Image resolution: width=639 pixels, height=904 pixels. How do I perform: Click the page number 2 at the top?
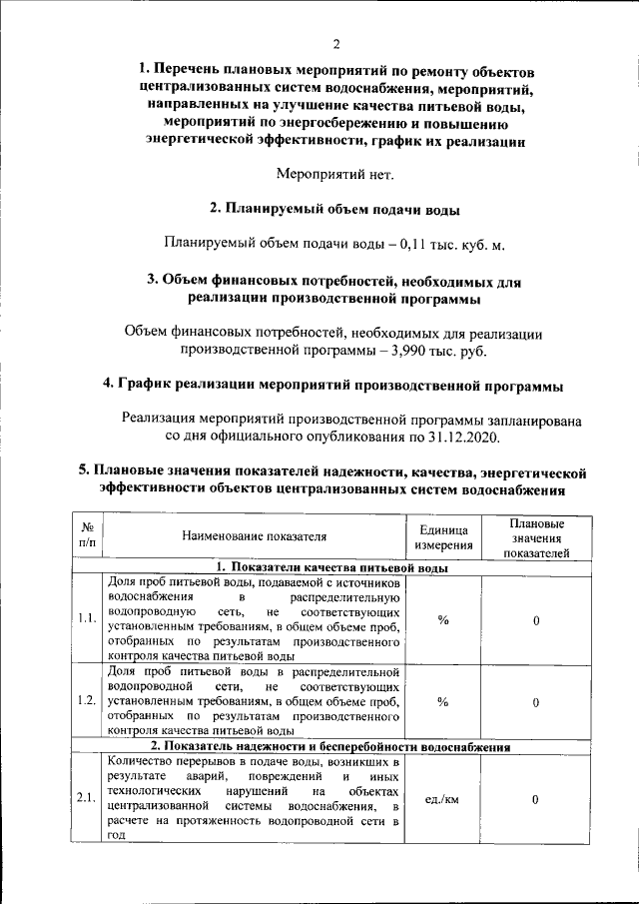click(336, 44)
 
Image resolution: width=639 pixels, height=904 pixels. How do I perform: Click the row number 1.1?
click(86, 618)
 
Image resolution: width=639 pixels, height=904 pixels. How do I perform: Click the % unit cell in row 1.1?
click(442, 619)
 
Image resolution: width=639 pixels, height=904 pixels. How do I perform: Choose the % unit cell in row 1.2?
click(442, 701)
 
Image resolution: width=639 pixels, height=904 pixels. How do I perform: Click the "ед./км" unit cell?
click(442, 799)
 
